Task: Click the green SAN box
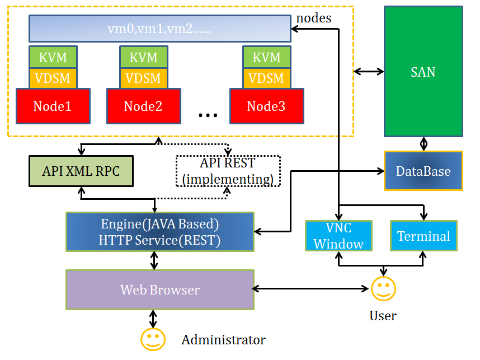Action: point(423,71)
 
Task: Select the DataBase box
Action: point(423,171)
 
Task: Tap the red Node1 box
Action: point(53,106)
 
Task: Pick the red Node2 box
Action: point(143,106)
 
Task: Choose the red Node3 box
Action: point(266,106)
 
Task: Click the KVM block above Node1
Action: point(53,58)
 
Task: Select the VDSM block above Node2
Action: point(144,78)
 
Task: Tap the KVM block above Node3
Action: point(266,58)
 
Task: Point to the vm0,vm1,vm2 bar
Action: point(159,29)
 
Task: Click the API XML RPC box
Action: point(81,171)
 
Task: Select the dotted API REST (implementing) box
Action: point(228,171)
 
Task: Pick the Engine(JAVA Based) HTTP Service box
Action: point(159,232)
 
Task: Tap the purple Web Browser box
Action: point(159,289)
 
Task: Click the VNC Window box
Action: point(338,236)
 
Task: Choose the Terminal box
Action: point(423,236)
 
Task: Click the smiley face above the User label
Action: point(383,288)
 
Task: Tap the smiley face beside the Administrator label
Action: point(153,339)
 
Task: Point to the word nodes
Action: point(313,18)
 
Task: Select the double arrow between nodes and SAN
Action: point(369,71)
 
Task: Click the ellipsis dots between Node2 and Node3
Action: point(208,115)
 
